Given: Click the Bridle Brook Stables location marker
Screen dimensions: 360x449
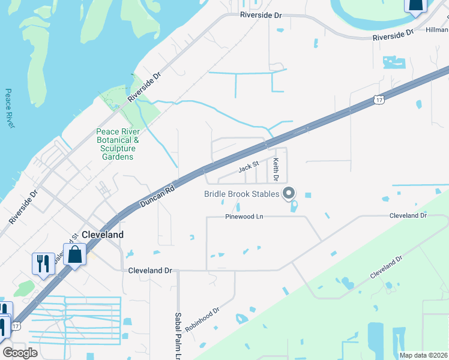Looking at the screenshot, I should [x=289, y=193].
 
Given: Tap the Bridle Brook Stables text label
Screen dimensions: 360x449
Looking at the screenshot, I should [x=241, y=194].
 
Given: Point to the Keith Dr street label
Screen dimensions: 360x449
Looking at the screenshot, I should [x=276, y=170].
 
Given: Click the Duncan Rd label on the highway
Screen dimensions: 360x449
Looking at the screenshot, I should [x=157, y=196].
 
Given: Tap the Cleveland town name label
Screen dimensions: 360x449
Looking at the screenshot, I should [x=103, y=235].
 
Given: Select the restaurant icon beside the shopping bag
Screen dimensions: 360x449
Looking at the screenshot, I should [x=43, y=263].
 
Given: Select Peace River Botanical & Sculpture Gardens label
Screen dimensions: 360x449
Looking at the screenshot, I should [x=118, y=144].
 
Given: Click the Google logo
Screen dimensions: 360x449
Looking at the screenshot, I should [x=20, y=352].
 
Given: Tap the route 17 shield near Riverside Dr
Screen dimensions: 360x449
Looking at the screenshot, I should [x=378, y=100].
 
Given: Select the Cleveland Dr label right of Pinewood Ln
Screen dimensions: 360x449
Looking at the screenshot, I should [x=408, y=215].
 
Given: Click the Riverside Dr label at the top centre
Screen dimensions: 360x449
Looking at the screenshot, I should [x=261, y=15].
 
